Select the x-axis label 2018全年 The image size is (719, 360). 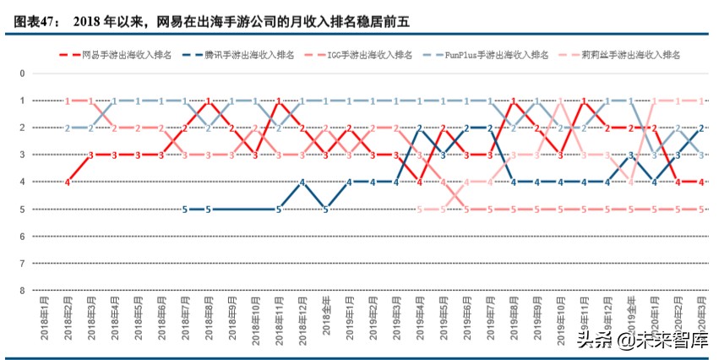click(326, 314)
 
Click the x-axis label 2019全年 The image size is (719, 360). click(631, 314)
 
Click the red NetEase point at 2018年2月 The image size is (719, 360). click(68, 182)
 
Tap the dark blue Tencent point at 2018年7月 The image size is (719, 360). click(185, 209)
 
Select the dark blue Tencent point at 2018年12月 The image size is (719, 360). click(302, 182)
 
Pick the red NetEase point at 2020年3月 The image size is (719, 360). click(701, 182)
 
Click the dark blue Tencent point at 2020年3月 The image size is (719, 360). click(701, 128)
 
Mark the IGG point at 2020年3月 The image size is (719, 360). click(701, 209)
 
